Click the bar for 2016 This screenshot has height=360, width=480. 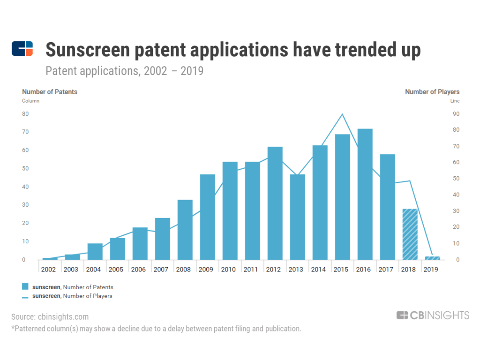tap(365, 194)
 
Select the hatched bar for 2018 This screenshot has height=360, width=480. tap(410, 234)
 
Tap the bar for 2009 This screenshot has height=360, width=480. tap(208, 217)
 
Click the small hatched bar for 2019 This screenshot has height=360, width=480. tap(433, 258)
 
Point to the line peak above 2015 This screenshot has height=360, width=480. tap(343, 114)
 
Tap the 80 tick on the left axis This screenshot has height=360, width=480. tap(26, 114)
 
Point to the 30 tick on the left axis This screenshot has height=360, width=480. tap(26, 205)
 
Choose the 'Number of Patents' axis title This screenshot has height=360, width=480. tap(50, 92)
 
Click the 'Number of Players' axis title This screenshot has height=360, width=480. tap(432, 92)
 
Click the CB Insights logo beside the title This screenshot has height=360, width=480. tap(22, 49)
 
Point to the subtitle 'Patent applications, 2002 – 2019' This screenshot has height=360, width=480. tap(124, 72)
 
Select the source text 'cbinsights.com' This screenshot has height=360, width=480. tap(63, 317)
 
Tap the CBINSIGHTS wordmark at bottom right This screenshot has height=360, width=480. tap(432, 315)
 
